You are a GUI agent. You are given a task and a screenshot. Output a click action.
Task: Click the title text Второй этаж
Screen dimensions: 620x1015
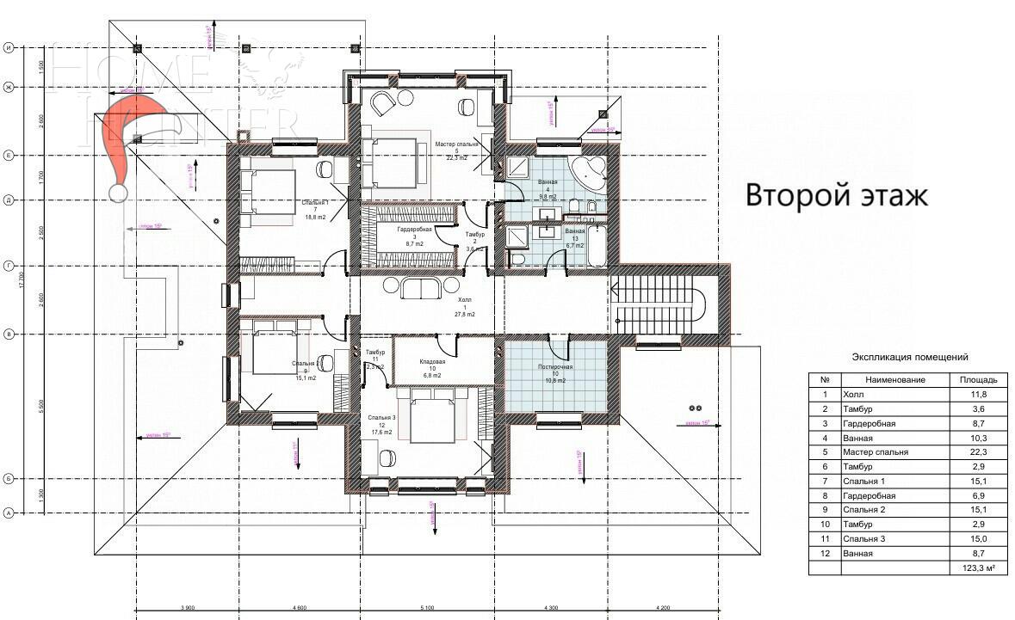[836, 195]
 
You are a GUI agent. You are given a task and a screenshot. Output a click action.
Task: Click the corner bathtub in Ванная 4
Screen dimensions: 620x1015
[590, 172]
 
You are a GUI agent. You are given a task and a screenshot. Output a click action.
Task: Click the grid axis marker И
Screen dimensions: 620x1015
[9, 48]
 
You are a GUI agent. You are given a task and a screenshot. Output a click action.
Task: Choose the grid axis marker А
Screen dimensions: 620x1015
[9, 513]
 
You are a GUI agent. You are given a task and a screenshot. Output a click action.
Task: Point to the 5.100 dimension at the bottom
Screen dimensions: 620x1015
[428, 609]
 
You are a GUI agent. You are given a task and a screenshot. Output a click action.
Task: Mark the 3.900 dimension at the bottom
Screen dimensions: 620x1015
[187, 609]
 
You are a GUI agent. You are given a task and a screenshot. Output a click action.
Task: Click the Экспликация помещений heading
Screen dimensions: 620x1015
[909, 357]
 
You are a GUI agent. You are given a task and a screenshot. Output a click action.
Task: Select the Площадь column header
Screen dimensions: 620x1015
[978, 379]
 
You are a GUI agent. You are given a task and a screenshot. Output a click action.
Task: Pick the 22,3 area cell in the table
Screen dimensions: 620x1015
[978, 451]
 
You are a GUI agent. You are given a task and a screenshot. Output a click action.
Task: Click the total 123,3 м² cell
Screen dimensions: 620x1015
[978, 568]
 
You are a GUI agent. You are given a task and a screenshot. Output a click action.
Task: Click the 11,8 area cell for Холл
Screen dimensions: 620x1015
[978, 394]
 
